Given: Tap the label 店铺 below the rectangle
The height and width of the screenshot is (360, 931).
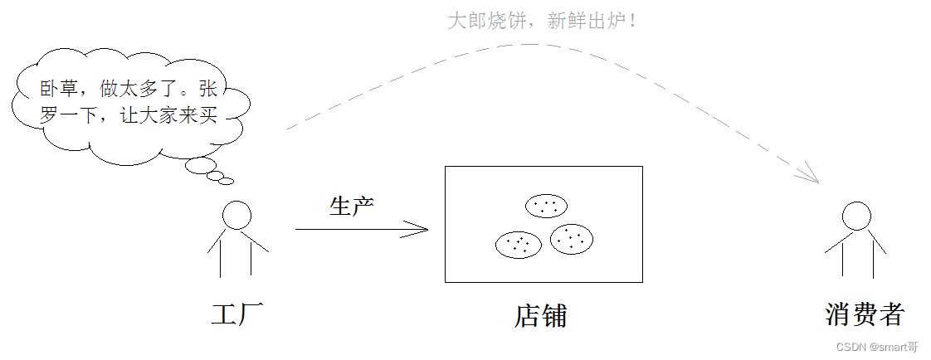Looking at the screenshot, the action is pyautogui.click(x=541, y=316).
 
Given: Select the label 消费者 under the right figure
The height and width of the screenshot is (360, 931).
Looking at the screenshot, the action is pyautogui.click(x=864, y=314).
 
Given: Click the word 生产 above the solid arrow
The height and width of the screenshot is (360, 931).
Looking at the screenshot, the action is pyautogui.click(x=352, y=206).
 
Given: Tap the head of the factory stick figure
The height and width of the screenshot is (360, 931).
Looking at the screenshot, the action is pyautogui.click(x=236, y=216).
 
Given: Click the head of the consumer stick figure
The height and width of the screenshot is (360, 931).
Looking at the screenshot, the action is pyautogui.click(x=856, y=216).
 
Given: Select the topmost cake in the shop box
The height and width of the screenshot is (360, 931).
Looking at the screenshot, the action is pyautogui.click(x=546, y=205).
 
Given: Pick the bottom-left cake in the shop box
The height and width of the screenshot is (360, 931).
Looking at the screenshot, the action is pyautogui.click(x=519, y=244).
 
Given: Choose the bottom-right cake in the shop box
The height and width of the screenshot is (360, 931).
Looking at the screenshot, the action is pyautogui.click(x=572, y=239).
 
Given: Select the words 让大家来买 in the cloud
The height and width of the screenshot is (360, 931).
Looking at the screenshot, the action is pyautogui.click(x=169, y=116).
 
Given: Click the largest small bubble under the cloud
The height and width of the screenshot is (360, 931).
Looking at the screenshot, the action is pyautogui.click(x=201, y=167).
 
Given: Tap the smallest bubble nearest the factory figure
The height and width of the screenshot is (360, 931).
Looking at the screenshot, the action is pyautogui.click(x=226, y=182).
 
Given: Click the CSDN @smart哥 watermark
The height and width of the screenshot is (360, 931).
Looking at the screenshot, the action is pyautogui.click(x=877, y=347).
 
